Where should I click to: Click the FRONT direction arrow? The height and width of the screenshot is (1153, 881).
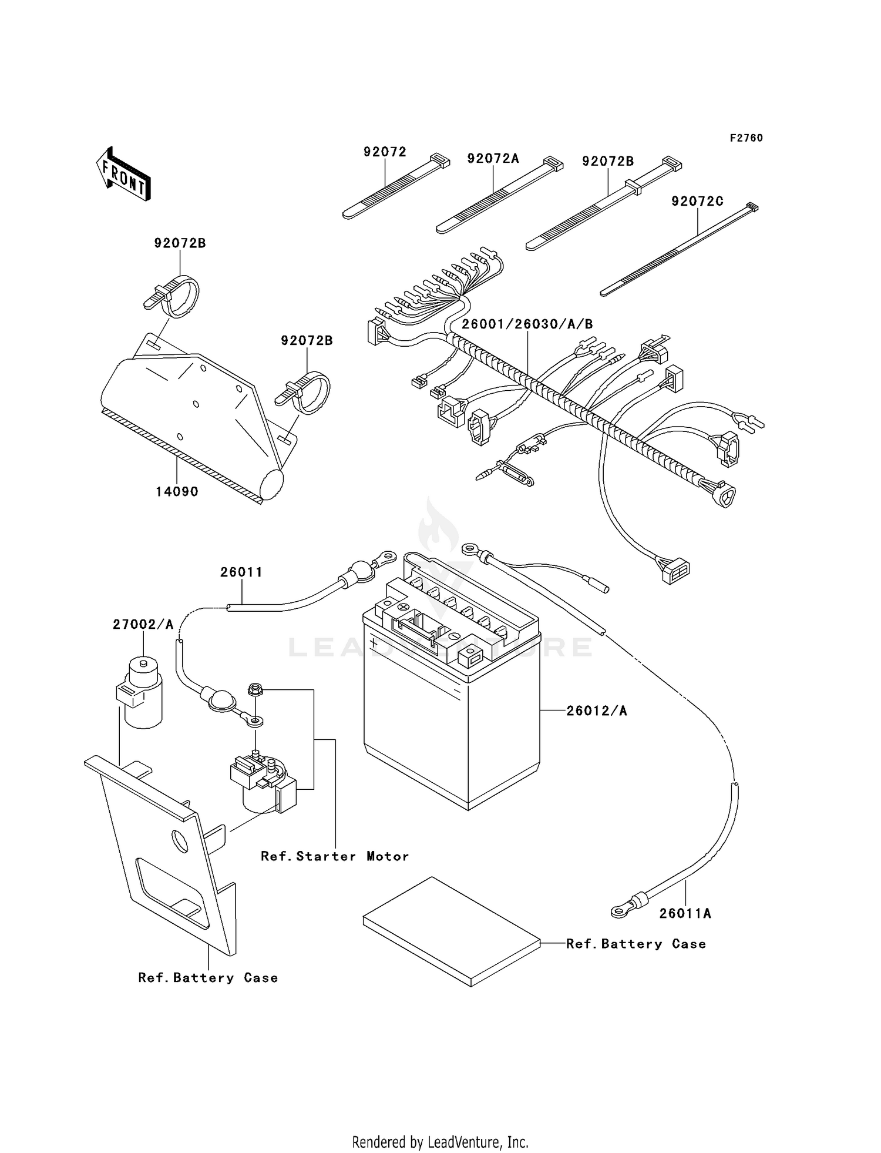tap(124, 175)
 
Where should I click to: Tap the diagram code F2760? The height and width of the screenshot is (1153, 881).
tap(746, 138)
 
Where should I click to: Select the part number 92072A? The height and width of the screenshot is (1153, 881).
tap(493, 159)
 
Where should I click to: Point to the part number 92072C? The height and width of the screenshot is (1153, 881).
tap(697, 202)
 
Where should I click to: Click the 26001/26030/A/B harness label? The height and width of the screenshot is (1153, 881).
tap(527, 324)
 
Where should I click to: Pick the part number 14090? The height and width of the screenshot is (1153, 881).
tap(177, 492)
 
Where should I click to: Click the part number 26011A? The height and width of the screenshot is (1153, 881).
tap(685, 913)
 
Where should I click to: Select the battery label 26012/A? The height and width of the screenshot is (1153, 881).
tap(596, 711)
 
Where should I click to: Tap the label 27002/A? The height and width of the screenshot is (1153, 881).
tap(143, 624)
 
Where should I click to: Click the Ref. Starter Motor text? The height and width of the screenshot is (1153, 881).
tap(335, 856)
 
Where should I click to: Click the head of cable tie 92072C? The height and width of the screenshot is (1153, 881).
tap(752, 207)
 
